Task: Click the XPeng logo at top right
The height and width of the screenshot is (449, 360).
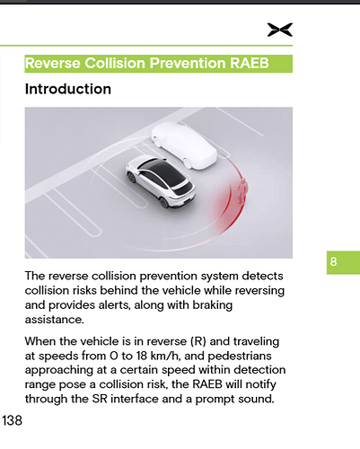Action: (x=279, y=30)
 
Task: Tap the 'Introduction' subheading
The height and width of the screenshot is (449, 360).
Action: (x=68, y=90)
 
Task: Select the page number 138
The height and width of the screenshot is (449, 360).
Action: (x=13, y=420)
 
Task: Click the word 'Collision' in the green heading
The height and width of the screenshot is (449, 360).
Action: (x=112, y=64)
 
